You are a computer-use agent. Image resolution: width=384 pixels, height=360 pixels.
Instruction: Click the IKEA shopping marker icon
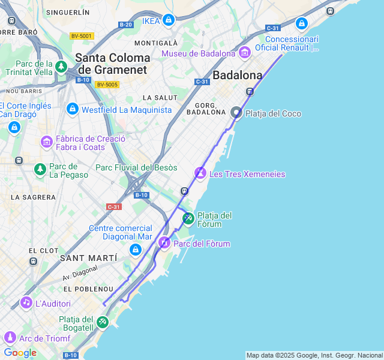coord(169,20)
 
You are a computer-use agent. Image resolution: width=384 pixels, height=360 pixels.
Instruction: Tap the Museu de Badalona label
coord(198,54)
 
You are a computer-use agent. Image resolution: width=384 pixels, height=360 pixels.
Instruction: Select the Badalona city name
coord(238,76)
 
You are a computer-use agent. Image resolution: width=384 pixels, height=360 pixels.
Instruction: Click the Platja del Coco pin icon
coord(236,112)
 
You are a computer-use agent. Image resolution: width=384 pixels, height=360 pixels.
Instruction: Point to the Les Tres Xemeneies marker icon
coord(200,173)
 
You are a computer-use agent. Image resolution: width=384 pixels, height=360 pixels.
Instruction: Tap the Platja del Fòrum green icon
coord(188,218)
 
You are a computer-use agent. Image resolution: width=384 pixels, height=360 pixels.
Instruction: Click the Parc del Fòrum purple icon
coord(164,243)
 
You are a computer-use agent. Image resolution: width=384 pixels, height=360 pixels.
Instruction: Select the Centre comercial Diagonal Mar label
coord(121,232)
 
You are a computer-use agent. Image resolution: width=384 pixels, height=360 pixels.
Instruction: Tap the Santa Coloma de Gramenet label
coord(112,64)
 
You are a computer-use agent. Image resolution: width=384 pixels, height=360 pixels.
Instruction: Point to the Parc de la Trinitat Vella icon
coord(61,67)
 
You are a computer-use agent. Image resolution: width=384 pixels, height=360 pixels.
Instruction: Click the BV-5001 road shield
coord(81,36)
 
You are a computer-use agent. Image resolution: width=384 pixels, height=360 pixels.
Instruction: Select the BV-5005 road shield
coord(107,85)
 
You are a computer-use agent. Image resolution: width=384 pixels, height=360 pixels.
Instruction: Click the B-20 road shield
coord(125,25)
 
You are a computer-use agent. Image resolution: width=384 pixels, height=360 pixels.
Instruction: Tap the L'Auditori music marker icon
coord(26,302)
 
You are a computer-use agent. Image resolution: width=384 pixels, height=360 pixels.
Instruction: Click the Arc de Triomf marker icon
coord(9,337)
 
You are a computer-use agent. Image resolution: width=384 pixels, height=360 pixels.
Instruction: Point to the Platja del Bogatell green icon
coord(103,322)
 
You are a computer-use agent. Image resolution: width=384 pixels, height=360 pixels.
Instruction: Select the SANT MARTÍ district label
coord(88,258)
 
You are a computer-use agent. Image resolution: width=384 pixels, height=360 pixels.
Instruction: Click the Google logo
coord(20,353)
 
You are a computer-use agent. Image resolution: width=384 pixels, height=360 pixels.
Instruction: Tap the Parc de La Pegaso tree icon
coord(40,170)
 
